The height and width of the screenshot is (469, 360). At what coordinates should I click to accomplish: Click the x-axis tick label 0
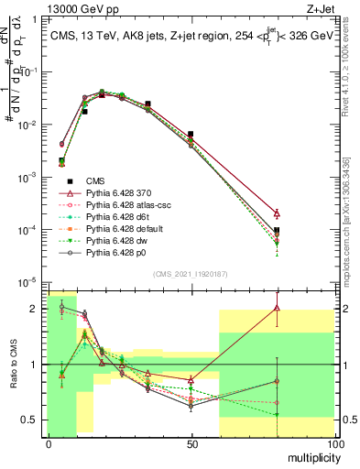pos(48,442)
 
